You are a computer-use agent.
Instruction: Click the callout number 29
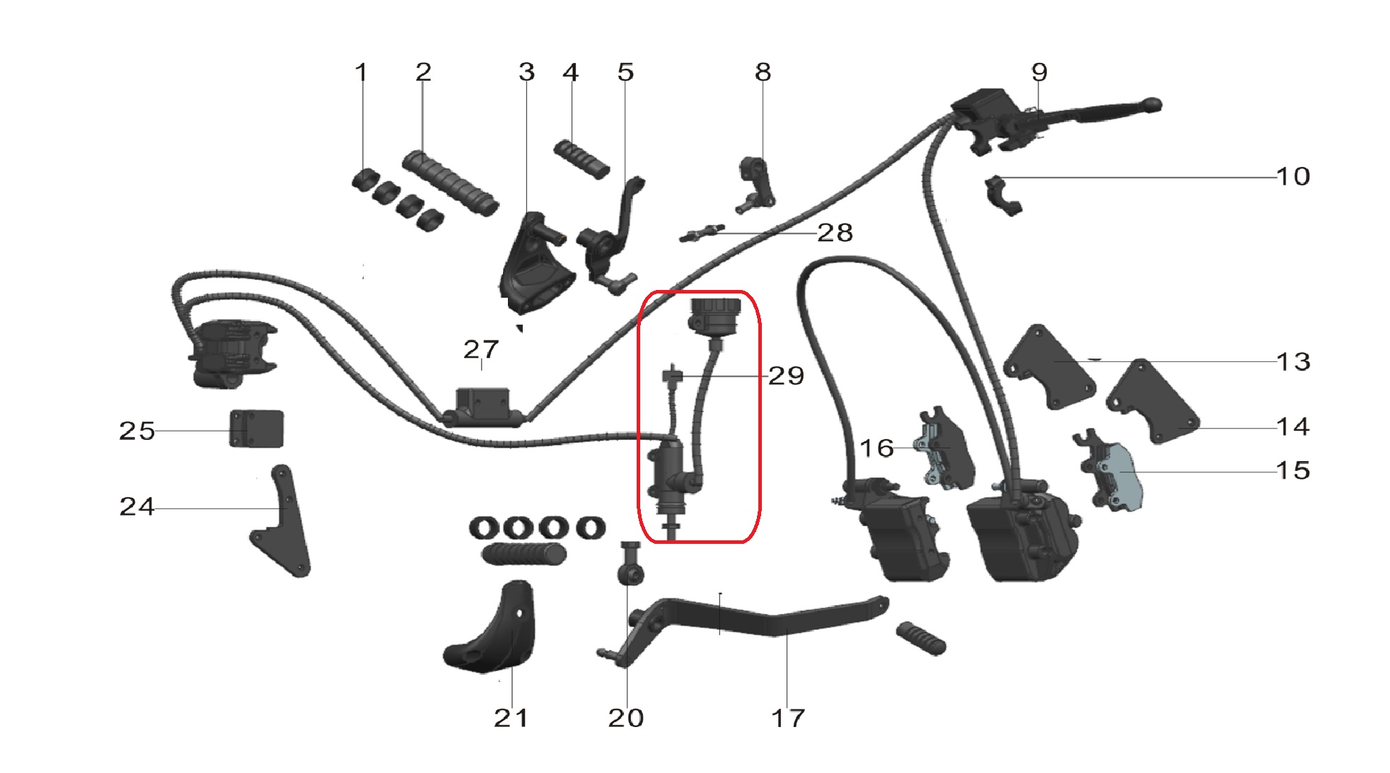786,376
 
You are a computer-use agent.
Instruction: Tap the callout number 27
481,349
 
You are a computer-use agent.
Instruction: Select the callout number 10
1292,176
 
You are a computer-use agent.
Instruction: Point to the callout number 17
787,719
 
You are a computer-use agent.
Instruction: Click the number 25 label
137,431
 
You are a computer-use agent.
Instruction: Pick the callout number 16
876,448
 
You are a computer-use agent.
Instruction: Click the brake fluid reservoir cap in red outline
714,312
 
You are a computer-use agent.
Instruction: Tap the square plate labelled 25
256,429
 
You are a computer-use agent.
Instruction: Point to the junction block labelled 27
484,407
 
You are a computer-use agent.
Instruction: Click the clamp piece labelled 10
1003,196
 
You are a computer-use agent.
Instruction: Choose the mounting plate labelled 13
1049,367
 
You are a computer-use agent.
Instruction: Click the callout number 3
526,72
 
